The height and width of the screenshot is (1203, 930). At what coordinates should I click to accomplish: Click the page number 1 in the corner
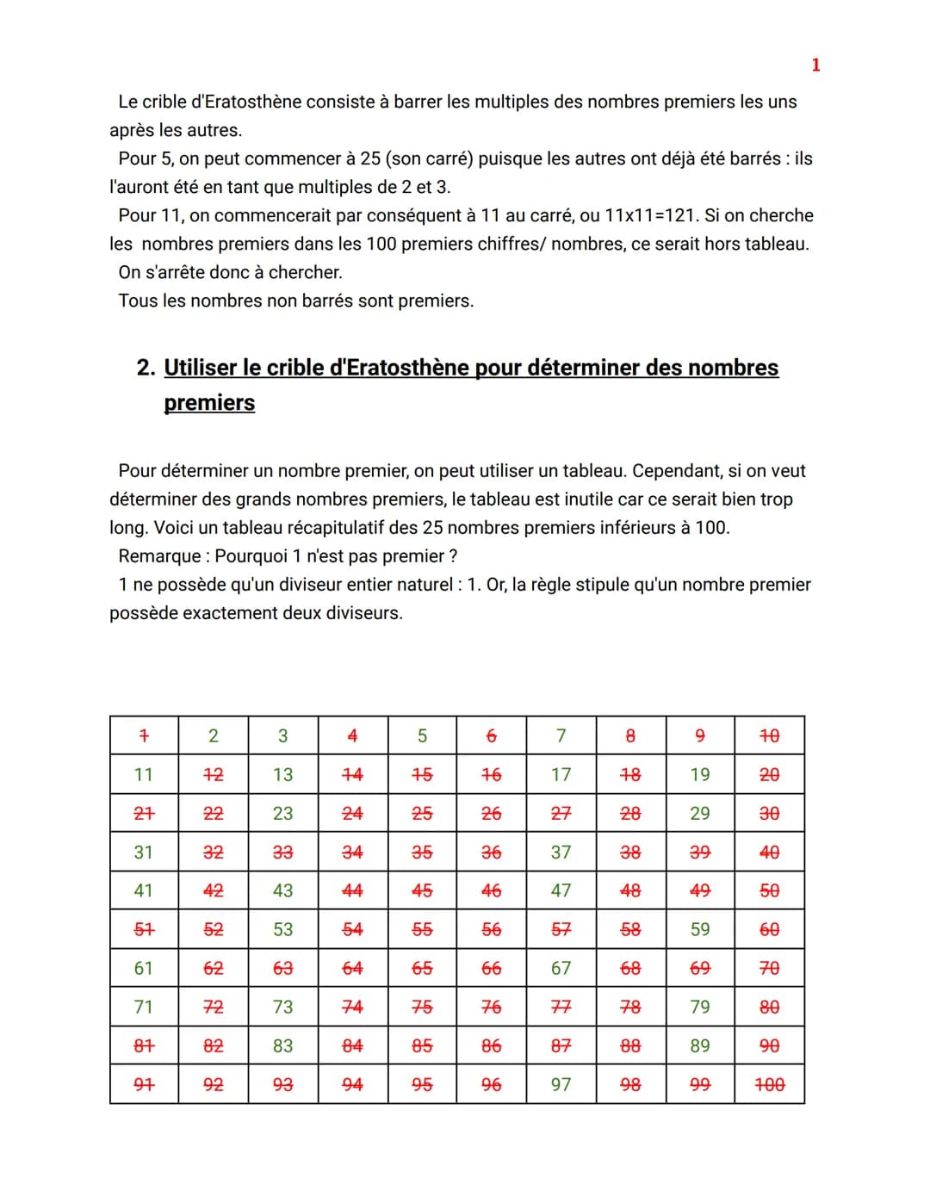point(815,65)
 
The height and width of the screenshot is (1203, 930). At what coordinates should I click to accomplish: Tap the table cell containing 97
point(561,1084)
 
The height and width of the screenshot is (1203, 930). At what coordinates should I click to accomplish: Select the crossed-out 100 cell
point(769,1084)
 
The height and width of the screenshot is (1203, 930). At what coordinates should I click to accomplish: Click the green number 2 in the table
point(214,735)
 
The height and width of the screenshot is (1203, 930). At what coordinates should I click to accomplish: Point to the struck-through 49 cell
point(700,890)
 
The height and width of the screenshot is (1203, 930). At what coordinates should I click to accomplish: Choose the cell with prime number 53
point(282,929)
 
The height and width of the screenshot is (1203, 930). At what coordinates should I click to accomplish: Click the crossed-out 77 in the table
point(561,1007)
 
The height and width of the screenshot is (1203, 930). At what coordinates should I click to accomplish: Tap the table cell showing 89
point(700,1045)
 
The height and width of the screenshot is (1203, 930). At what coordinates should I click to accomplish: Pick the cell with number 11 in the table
point(144,774)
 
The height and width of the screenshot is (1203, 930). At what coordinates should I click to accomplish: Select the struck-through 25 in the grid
point(422,813)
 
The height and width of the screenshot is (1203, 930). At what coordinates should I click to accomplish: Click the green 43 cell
point(282,890)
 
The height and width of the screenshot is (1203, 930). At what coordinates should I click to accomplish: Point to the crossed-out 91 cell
point(144,1084)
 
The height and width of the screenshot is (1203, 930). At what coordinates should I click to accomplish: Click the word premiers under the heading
point(209,403)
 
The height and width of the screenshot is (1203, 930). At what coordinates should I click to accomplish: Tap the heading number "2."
point(146,368)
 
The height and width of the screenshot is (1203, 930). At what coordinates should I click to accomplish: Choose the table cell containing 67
point(561,968)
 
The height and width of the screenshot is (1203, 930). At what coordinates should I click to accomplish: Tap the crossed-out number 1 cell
point(144,735)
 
